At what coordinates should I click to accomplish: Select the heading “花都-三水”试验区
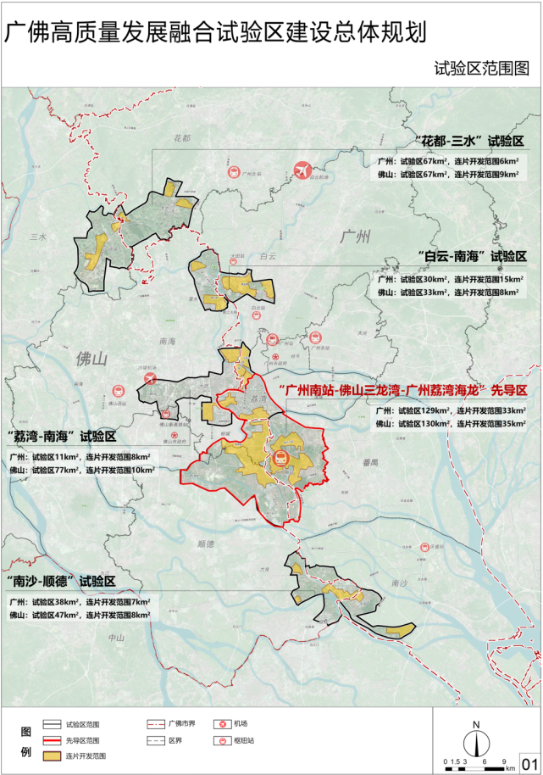point(470,141)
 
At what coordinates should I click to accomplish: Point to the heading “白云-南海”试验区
point(471,255)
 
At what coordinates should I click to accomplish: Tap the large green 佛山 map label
point(91,359)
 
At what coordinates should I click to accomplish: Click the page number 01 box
point(529,761)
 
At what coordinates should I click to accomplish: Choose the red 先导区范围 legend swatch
point(53,739)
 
